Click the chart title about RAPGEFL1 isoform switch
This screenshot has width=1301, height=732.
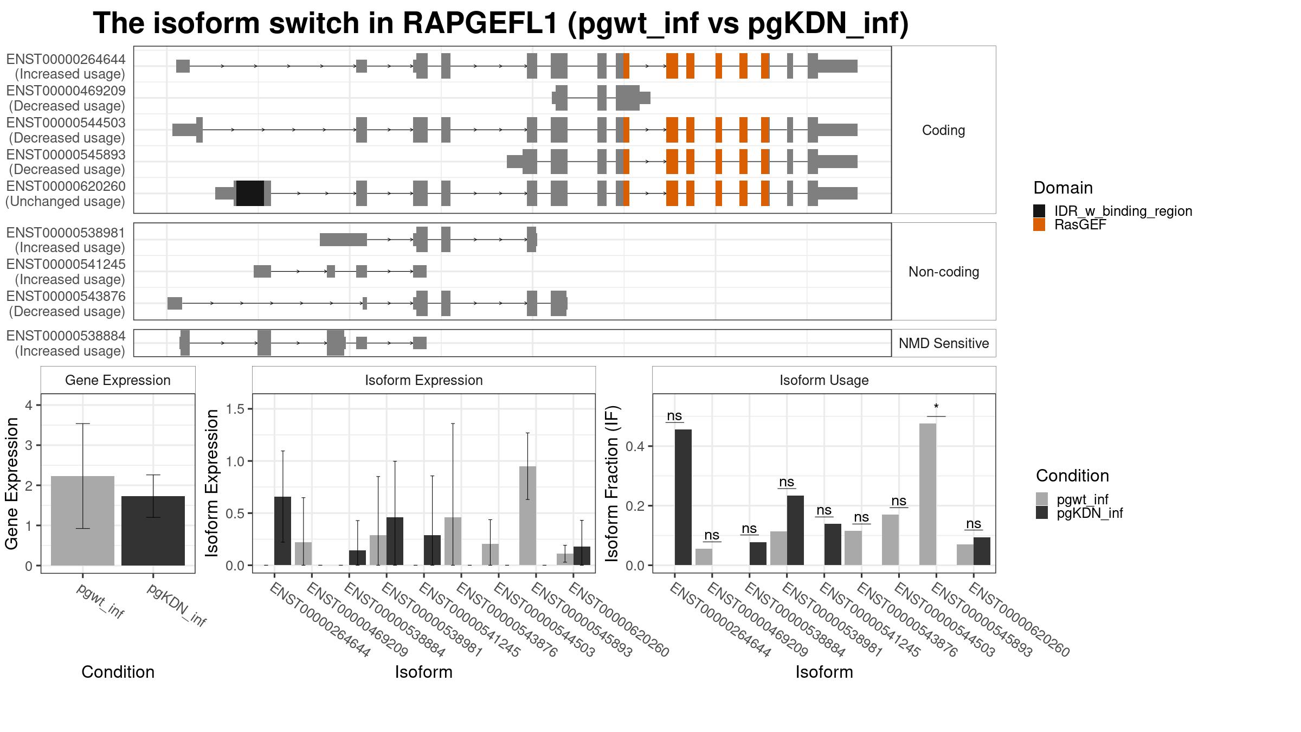pos(500,24)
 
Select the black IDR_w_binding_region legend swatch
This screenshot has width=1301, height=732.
pos(1039,211)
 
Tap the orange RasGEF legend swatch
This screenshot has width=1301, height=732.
pos(1039,224)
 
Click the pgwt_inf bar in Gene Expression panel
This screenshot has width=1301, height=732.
pos(82,521)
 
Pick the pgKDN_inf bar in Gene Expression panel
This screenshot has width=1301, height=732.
pos(153,531)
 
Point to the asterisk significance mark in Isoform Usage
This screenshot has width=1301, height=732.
pos(936,407)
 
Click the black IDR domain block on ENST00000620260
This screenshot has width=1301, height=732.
pos(250,193)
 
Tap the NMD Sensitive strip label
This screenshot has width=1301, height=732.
pos(944,343)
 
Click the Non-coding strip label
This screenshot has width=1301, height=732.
pos(944,272)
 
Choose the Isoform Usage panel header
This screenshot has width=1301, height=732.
pos(824,380)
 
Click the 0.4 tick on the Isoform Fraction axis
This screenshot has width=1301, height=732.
pos(635,446)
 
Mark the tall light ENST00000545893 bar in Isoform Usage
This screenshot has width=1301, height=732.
pos(928,495)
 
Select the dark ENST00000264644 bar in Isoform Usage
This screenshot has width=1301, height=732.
pos(683,497)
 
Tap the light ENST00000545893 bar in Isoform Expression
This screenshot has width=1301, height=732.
pos(527,516)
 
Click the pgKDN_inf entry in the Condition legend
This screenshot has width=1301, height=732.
pos(1090,513)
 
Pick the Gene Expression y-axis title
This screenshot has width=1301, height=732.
pos(12,483)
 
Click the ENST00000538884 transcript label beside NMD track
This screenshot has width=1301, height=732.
pos(66,343)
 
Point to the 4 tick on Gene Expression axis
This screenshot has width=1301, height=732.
pos(29,405)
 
